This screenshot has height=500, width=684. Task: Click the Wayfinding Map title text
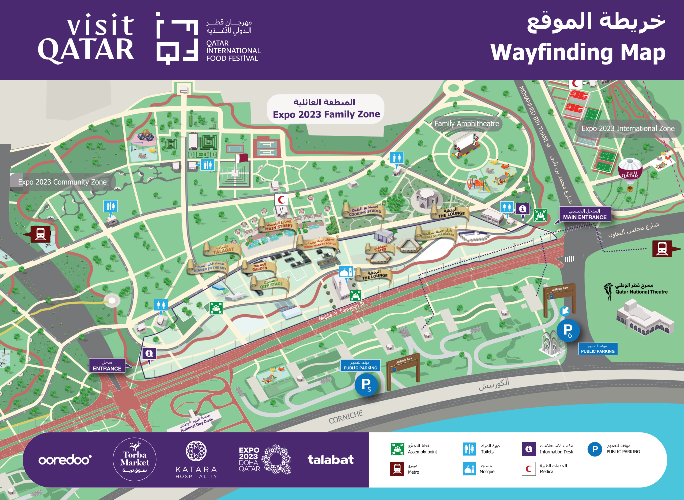pos(578,53)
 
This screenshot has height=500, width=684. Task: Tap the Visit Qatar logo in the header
pos(86,39)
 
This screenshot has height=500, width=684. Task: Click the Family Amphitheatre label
pos(466,124)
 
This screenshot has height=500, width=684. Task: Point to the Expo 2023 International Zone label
pos(628,129)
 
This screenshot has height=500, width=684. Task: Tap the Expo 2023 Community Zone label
pos(62,182)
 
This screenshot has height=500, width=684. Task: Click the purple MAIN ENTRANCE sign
pos(584,215)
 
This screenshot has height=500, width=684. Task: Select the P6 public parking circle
pos(568,331)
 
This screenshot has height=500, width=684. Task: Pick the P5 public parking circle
pos(367,385)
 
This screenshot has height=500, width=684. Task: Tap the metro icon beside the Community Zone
pos(41,234)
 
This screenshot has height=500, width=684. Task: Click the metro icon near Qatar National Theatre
pos(662,248)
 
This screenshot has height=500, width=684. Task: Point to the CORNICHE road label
pos(346,417)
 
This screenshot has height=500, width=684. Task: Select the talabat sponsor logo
pos(330,460)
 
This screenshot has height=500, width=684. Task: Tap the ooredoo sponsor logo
pos(65,460)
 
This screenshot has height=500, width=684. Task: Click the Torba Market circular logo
pos(134,459)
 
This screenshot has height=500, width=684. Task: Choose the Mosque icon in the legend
pos(469,469)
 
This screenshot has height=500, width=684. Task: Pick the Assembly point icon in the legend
pos(398,449)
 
